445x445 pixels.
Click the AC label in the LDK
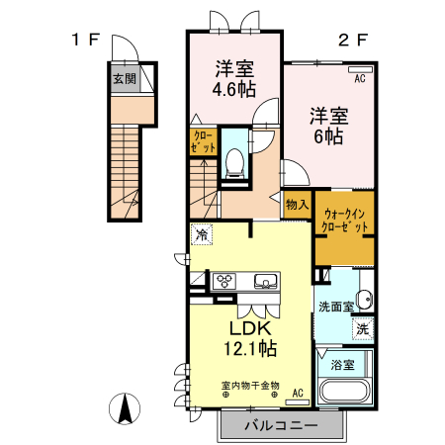297,393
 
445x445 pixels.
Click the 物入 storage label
297,205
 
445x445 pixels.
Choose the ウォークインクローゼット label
345,220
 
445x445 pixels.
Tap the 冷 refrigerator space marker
202,235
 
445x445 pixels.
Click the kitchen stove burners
225,280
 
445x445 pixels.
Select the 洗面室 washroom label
336,307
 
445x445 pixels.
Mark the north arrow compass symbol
126,407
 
